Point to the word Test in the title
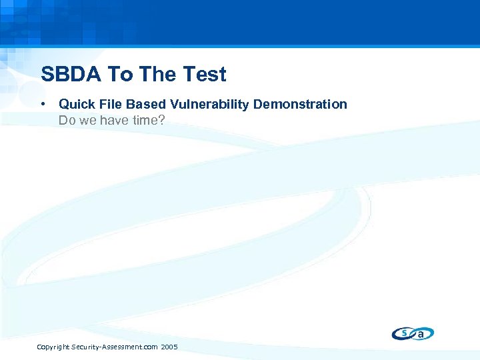point(203,74)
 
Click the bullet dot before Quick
point(43,104)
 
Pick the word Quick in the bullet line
point(76,104)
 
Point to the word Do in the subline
point(66,121)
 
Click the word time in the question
point(145,121)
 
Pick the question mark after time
point(161,121)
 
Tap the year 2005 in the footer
point(169,347)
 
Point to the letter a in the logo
point(421,334)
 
